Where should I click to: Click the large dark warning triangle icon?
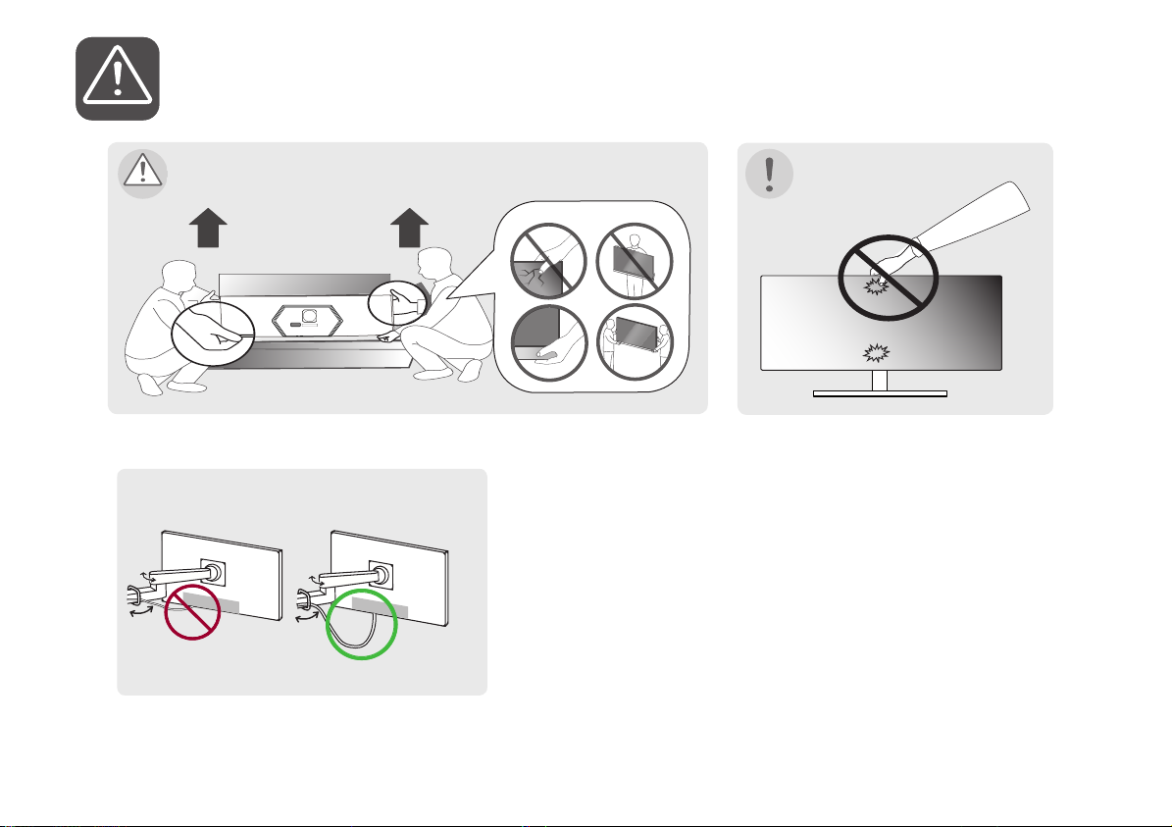tap(118, 78)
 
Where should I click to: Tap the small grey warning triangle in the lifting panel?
tap(142, 172)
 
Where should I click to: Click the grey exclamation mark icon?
tap(770, 173)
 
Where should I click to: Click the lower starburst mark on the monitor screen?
tap(877, 353)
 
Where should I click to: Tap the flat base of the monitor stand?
tap(880, 394)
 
